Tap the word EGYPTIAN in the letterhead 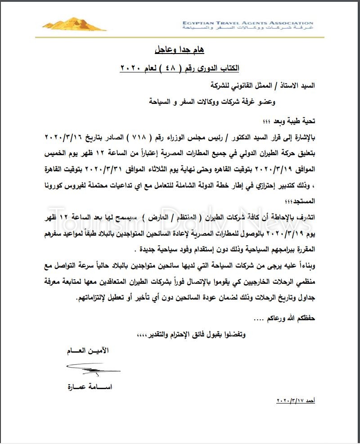coord(198,23)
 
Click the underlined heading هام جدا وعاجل coord(180,48)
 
